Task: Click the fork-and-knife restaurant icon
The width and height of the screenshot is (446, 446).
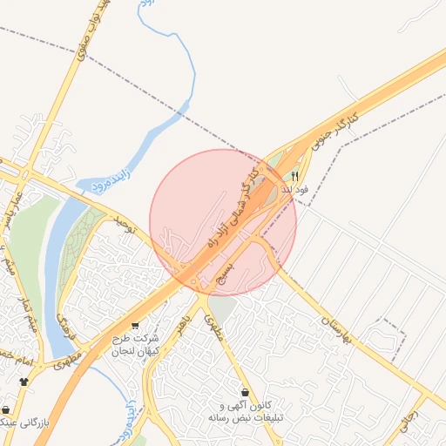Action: (x=294, y=175)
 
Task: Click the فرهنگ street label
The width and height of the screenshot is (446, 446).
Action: (x=64, y=325)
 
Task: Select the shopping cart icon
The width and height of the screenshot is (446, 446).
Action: (x=134, y=326)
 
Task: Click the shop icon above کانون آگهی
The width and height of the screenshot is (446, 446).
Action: (x=247, y=393)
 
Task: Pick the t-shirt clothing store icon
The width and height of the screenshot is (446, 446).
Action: (x=24, y=382)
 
